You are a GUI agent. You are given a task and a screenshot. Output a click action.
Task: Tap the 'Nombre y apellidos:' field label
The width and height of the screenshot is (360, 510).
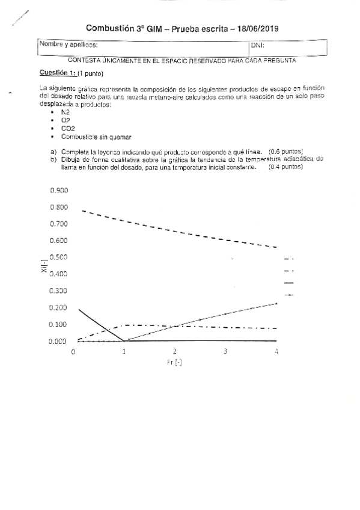[x=68, y=45]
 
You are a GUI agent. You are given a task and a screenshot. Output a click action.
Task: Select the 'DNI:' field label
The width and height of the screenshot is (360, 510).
[x=257, y=45]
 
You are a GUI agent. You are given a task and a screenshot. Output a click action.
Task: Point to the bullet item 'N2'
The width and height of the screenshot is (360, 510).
[x=66, y=112]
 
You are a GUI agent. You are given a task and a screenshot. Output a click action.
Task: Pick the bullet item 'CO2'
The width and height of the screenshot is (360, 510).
[x=68, y=128]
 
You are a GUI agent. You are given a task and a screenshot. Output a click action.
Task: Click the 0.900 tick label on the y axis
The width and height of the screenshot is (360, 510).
[x=59, y=190]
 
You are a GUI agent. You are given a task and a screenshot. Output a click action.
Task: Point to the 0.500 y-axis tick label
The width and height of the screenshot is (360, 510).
[x=59, y=257]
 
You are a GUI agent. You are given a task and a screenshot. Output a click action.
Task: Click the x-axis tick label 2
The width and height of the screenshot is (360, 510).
[x=175, y=351]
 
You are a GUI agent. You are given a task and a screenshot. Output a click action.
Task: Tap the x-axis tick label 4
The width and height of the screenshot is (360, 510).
[x=276, y=351]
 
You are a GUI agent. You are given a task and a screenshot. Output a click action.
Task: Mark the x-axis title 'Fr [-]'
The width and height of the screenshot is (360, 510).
[x=174, y=363]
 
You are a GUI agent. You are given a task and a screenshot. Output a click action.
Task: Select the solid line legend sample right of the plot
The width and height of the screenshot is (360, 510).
[x=288, y=283]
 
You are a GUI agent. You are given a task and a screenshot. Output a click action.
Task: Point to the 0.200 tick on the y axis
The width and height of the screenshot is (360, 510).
[x=59, y=308]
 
